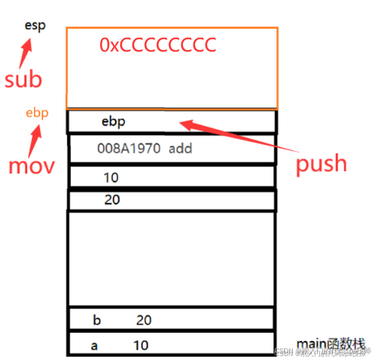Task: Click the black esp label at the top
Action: click(x=35, y=26)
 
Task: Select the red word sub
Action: click(x=23, y=80)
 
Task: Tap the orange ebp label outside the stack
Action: click(x=37, y=113)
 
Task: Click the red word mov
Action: click(x=31, y=165)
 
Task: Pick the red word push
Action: click(x=321, y=164)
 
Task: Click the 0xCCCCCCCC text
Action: click(x=158, y=45)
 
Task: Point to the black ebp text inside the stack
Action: click(x=113, y=121)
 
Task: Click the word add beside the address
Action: click(x=180, y=148)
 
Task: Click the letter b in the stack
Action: click(x=97, y=320)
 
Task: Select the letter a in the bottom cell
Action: click(x=94, y=345)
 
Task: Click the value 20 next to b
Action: click(x=144, y=320)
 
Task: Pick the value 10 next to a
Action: click(x=141, y=345)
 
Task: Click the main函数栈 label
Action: click(x=330, y=344)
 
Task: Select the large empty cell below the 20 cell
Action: click(x=172, y=258)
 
